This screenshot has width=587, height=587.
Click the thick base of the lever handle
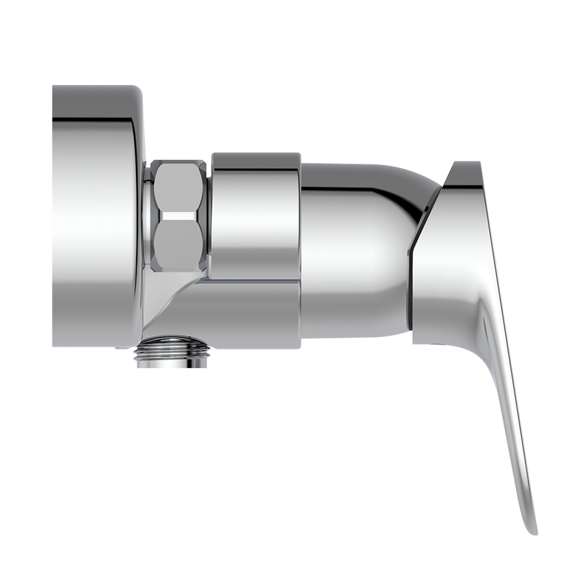449,276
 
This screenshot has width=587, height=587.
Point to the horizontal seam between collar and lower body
256,280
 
